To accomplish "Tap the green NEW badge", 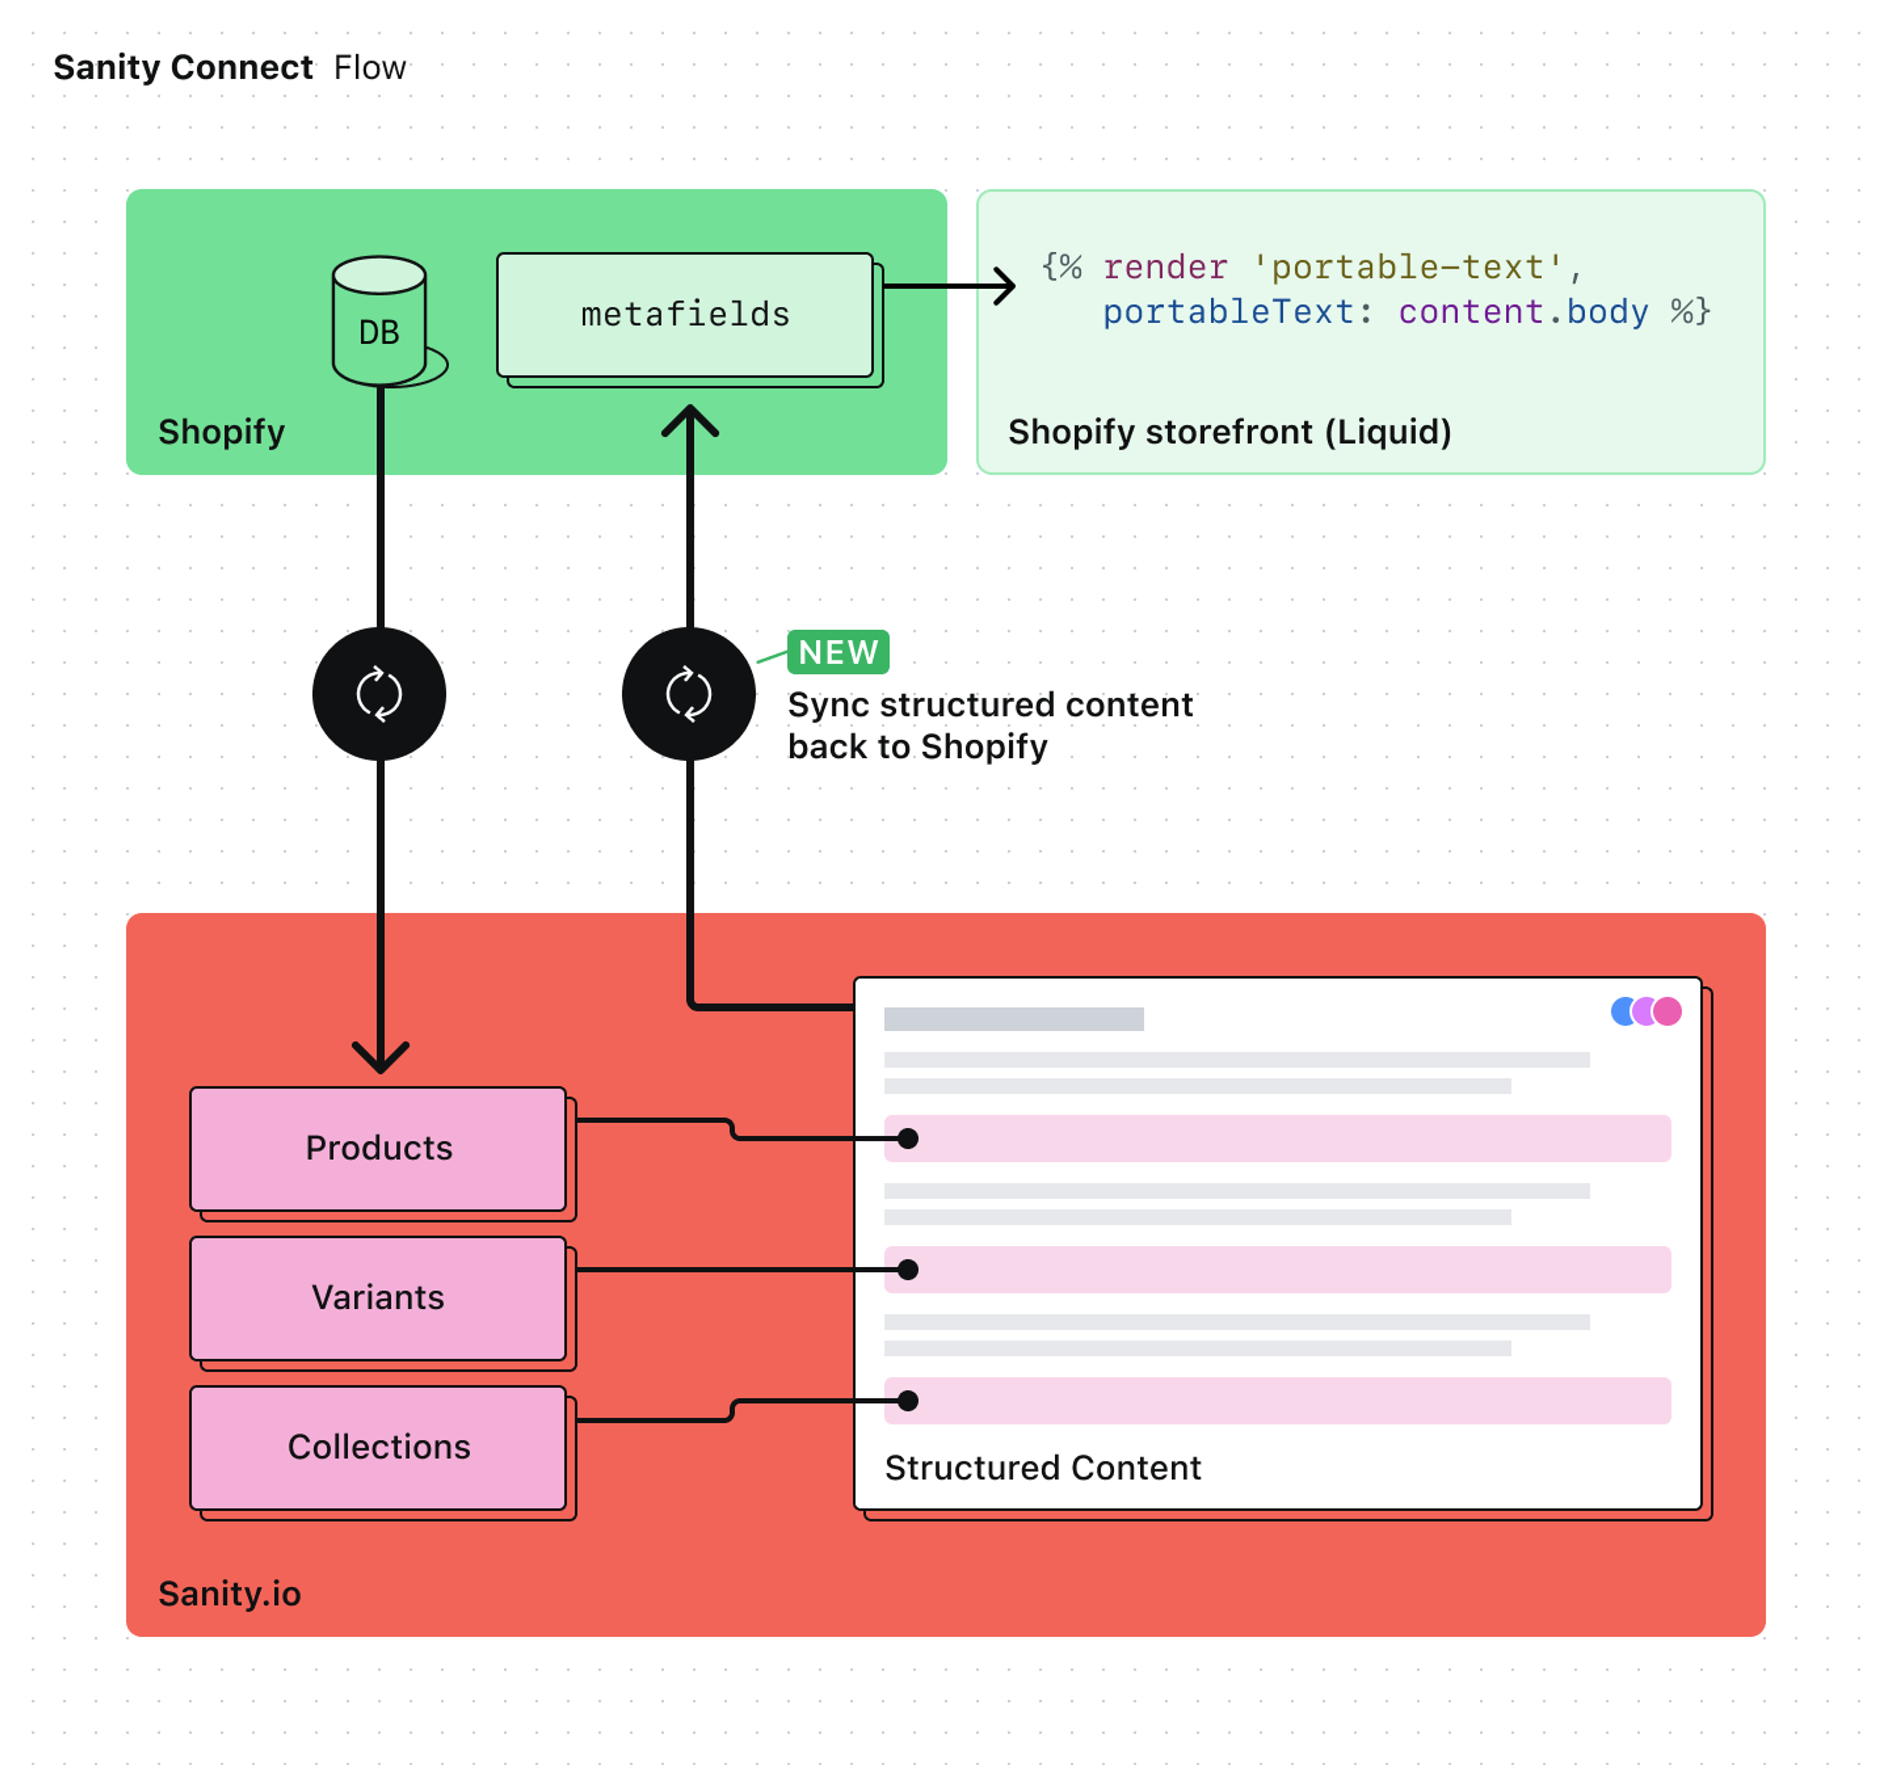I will click(x=837, y=653).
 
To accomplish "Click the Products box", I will click(x=378, y=1148).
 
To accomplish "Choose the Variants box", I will click(x=378, y=1298).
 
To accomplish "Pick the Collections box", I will click(x=378, y=1447).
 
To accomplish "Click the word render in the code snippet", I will click(x=1165, y=268).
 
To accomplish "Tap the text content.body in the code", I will click(x=1523, y=312).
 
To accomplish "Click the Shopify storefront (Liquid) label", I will click(x=1229, y=432).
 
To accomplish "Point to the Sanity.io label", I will click(x=229, y=1593).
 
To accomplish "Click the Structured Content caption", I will click(x=1042, y=1467).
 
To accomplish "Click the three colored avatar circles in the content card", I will click(x=1646, y=1012).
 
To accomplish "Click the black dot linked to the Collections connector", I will click(x=908, y=1400).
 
